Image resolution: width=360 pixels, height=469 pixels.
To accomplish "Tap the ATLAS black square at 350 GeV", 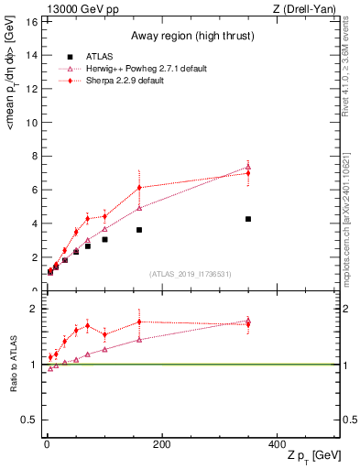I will [x=248, y=219].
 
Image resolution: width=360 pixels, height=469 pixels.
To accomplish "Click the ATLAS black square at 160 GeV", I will [x=139, y=230].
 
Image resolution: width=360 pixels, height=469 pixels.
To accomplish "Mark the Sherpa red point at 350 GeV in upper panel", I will [x=248, y=172].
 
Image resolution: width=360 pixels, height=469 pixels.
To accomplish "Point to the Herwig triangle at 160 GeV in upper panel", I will [x=139, y=208].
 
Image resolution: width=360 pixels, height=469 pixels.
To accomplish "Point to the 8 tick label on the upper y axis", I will [x=33, y=156].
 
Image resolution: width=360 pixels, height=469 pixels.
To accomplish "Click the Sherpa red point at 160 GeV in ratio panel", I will [x=139, y=322].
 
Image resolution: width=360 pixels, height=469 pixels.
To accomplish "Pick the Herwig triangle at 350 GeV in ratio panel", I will [x=248, y=321].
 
